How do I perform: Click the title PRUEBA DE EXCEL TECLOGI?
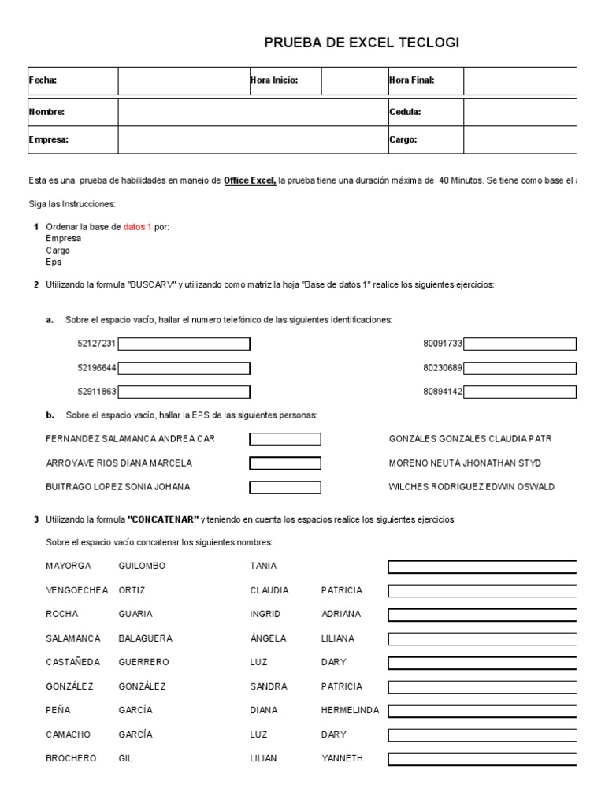coord(361,43)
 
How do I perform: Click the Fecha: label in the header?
coord(43,80)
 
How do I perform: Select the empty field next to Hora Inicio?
coord(352,80)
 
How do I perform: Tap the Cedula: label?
coord(405,112)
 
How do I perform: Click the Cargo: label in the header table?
coord(403,139)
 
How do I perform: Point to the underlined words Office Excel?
coord(250,180)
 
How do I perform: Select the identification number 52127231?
coord(97,344)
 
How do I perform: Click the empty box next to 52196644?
coord(184,368)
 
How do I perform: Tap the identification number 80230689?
coord(443,368)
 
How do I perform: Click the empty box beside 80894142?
coord(520,392)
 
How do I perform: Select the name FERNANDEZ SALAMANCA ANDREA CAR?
coord(130,439)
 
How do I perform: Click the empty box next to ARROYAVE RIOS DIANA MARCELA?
coord(285,463)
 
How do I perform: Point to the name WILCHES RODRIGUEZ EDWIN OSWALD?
coord(471,487)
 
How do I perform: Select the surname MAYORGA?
coord(69,566)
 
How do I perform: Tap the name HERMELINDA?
coord(350,710)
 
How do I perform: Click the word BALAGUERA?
coord(145,638)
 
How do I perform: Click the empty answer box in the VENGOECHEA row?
coord(482,590)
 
